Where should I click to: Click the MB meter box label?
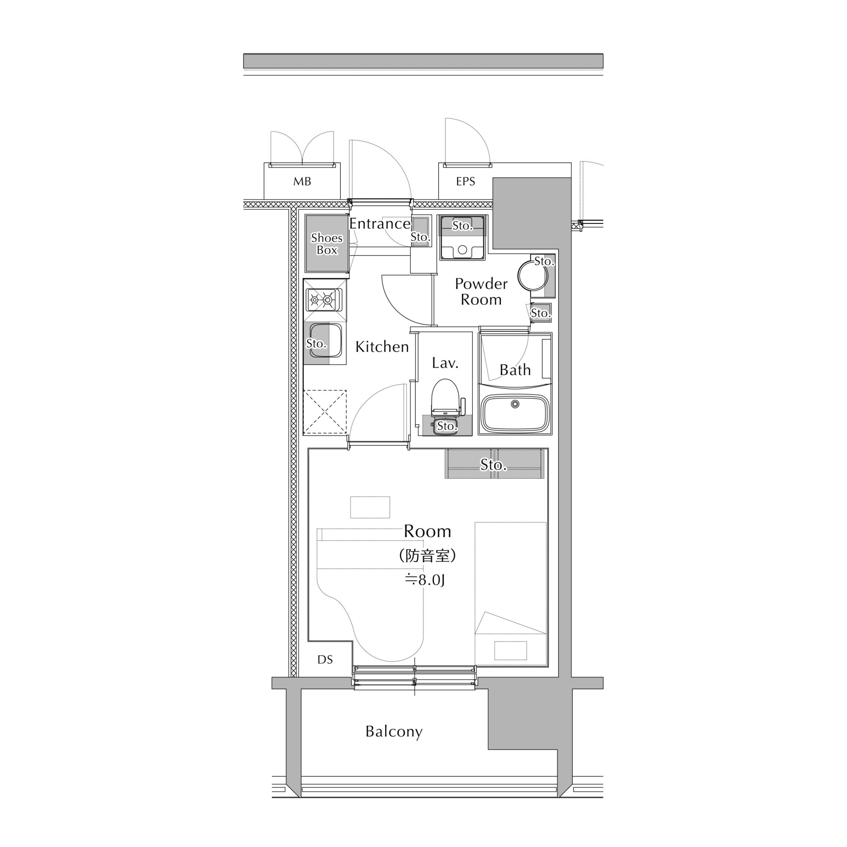302,181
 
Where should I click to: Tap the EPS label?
465,181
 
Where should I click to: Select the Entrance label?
380,224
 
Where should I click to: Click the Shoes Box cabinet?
327,244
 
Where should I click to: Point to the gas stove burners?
324,300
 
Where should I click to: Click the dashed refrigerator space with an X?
325,412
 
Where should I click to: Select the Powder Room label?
481,292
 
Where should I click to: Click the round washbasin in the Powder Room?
532,276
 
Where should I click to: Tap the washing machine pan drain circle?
462,250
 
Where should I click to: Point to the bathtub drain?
515,404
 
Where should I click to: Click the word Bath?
515,370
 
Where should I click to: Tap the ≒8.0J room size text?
424,580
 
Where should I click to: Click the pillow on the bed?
510,651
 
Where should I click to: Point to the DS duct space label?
325,659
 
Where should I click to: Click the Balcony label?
394,731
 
